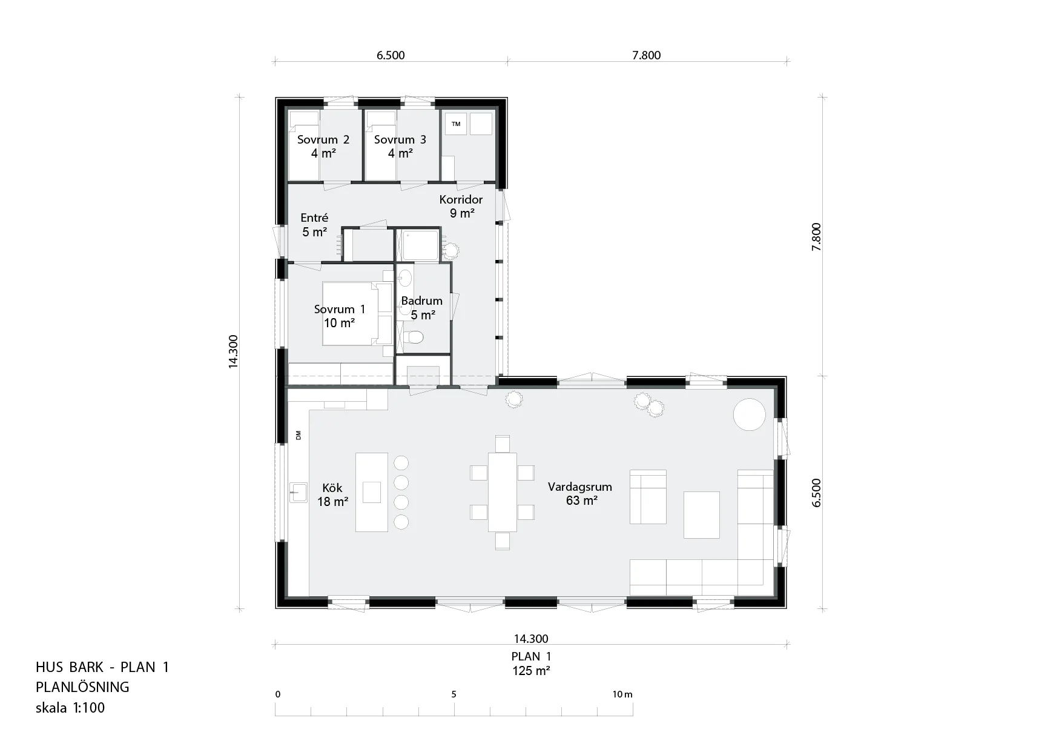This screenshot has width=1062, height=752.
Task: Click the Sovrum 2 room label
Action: pos(323,140)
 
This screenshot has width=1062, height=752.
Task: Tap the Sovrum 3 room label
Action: pos(400,140)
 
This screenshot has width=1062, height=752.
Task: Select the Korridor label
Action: pos(461,199)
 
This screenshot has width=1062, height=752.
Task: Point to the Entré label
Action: pos(314,218)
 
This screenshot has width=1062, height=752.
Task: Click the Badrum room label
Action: pos(422,301)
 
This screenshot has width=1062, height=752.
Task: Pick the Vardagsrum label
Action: pos(580,487)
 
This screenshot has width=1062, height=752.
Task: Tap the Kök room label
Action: pos(332,488)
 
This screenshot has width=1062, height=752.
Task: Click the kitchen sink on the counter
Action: pos(298,492)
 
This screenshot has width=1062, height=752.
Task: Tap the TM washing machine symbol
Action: pos(456,124)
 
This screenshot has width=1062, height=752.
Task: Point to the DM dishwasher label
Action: pos(298,435)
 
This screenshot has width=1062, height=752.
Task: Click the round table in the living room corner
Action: pos(750,414)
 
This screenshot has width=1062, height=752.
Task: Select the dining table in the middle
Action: pos(503,492)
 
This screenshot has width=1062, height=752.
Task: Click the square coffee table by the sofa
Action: pos(702,514)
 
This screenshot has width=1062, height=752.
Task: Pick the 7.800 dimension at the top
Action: pos(647,56)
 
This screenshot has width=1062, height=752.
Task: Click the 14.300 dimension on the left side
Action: pos(234,351)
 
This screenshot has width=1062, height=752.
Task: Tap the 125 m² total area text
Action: pos(531,671)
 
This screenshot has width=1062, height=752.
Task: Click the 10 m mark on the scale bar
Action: pos(622,694)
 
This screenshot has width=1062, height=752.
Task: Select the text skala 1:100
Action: pos(70,708)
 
